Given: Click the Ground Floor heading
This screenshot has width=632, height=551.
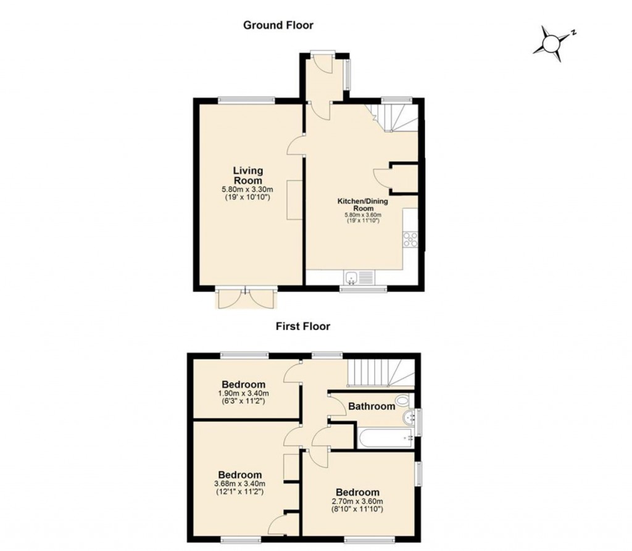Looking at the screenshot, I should (278, 25).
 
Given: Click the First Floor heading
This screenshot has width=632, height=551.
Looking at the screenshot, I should (302, 326).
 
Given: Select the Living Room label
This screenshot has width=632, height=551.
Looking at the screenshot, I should (247, 175).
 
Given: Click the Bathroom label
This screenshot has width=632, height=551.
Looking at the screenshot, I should (371, 406).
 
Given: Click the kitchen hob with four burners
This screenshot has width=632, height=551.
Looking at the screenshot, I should (410, 238).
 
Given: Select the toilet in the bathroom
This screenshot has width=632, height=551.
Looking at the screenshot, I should (404, 401).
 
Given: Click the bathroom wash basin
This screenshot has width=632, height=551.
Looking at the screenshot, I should (409, 420).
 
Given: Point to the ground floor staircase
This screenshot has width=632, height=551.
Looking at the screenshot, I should (393, 117).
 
